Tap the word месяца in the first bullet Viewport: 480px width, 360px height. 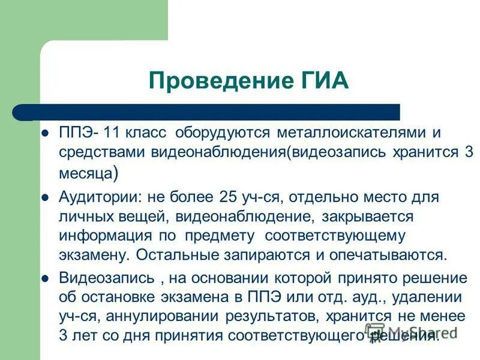(x=85, y=175)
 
